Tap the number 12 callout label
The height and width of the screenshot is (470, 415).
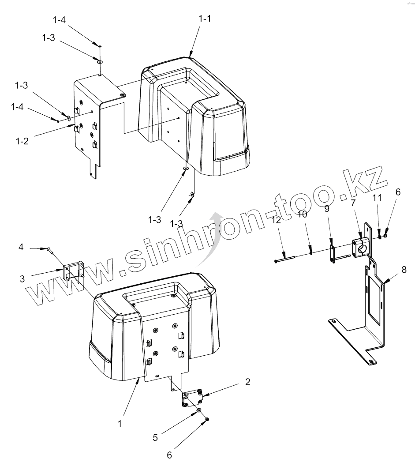pyautogui.click(x=276, y=220)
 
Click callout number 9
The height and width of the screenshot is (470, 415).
pyautogui.click(x=327, y=208)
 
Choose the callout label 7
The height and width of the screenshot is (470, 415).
pyautogui.click(x=353, y=203)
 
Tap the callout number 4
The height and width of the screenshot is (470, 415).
pyautogui.click(x=21, y=248)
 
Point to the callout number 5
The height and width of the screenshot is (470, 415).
pyautogui.click(x=155, y=437)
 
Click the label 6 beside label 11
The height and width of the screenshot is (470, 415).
pyautogui.click(x=398, y=192)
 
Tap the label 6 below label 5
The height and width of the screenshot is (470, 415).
pyautogui.click(x=169, y=455)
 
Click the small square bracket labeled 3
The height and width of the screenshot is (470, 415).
pyautogui.click(x=73, y=272)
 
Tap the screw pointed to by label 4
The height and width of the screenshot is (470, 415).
pyautogui.click(x=50, y=250)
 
